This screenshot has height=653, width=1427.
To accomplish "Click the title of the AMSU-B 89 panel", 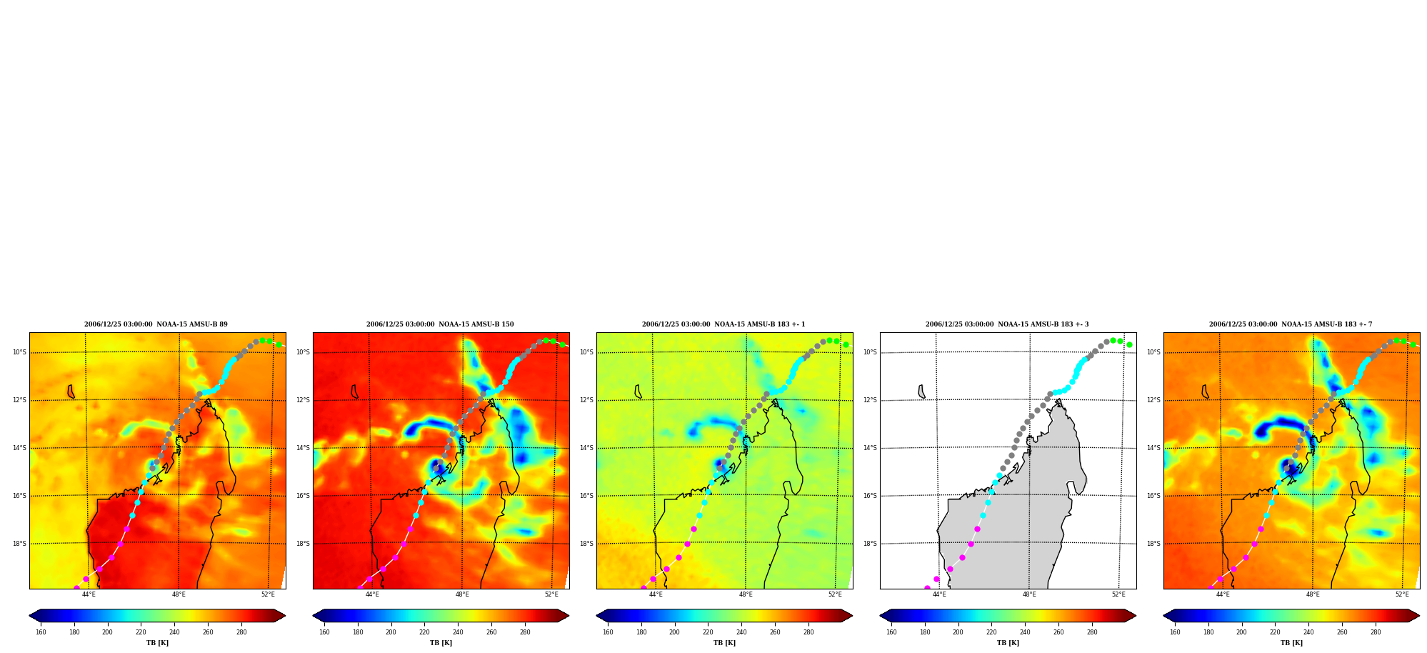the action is click(156, 324).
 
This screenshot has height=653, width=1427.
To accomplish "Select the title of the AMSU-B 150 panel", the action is click(440, 324).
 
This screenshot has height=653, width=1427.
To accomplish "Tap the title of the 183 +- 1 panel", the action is click(723, 324).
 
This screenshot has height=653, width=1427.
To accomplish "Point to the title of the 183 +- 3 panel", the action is click(1007, 324).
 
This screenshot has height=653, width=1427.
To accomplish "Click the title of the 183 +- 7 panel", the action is click(1291, 324).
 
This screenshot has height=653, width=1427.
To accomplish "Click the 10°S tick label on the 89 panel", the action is click(19, 352).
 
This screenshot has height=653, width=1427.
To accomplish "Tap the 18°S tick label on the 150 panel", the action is click(303, 544).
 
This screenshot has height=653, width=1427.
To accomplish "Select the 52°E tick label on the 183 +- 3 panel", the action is click(1118, 594).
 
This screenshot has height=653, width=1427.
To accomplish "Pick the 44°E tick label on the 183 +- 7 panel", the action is click(1223, 594).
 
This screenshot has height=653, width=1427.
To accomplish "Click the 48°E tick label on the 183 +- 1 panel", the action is click(746, 594).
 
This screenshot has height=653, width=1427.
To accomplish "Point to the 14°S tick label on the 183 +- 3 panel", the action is click(870, 448).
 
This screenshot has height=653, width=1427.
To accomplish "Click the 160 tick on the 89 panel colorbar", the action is click(41, 632).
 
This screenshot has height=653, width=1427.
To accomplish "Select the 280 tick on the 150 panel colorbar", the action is click(525, 632).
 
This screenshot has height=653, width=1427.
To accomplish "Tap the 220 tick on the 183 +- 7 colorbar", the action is click(1275, 632).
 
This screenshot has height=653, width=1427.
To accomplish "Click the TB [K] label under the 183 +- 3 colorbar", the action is click(1008, 643).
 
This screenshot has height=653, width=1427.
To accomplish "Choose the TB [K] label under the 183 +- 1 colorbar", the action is click(724, 643).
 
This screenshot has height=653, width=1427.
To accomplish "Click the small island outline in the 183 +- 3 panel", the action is click(921, 392).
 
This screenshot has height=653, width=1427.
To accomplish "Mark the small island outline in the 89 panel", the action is click(70, 392).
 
